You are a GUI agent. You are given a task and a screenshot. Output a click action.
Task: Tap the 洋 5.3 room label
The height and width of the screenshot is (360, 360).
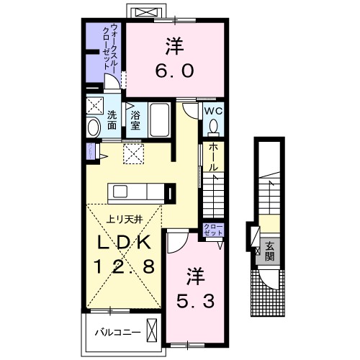[194, 286]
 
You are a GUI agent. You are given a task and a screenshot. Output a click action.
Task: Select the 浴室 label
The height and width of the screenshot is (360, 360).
[136, 119]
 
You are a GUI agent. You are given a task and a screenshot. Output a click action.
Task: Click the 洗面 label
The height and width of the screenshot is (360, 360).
[112, 120]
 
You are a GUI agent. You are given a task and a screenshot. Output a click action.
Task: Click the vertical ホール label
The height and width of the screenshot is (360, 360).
[213, 157]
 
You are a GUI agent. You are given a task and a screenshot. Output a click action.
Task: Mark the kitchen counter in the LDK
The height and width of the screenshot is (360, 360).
[140, 192]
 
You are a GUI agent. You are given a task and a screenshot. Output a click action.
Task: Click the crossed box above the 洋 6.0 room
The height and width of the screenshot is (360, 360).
[148, 12]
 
